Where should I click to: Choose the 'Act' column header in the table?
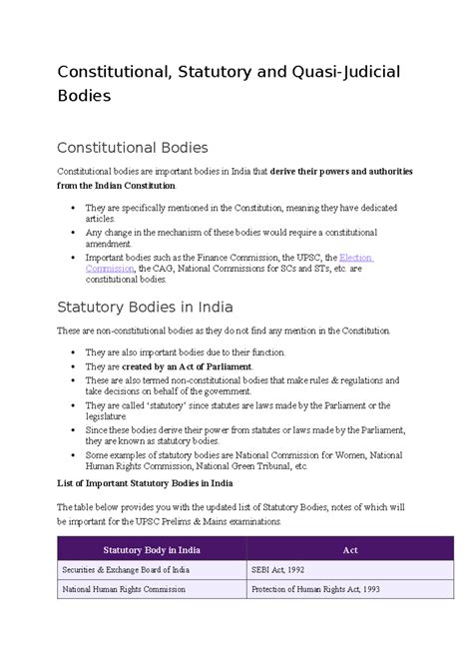tap(349, 549)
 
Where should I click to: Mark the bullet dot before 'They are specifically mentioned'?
tap(76, 207)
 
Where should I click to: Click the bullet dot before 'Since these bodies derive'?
tap(76, 428)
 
